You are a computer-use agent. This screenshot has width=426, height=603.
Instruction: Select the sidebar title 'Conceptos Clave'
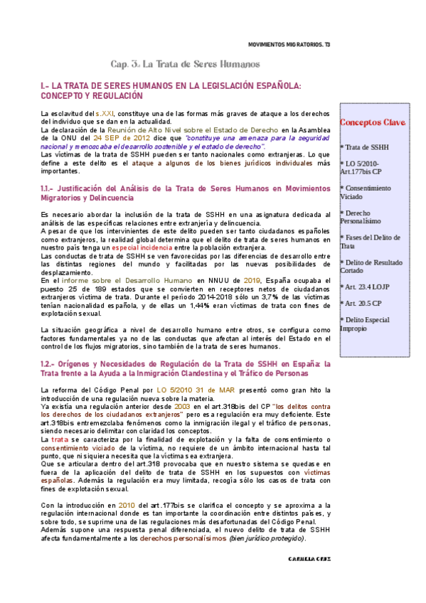click(372, 122)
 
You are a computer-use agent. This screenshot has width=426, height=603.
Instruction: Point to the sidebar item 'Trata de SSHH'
click(364, 147)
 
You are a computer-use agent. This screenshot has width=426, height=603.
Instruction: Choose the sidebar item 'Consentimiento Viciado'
click(366, 192)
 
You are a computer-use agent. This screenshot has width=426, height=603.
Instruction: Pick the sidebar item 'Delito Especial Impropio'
click(366, 324)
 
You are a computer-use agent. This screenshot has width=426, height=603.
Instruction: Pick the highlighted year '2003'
click(174, 405)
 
